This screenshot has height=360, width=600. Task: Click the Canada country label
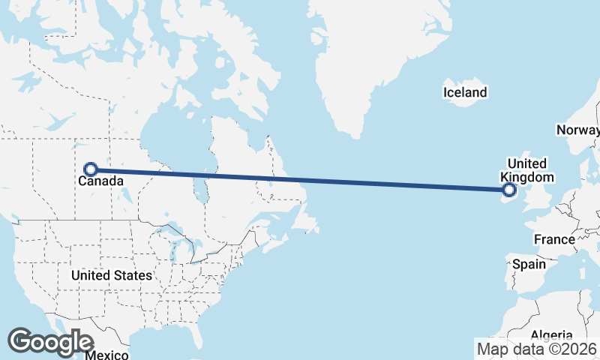click(100, 181)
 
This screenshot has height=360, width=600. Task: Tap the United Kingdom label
click(527, 170)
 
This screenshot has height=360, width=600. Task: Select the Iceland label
click(465, 93)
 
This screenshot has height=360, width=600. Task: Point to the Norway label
click(577, 130)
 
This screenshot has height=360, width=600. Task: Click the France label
click(554, 239)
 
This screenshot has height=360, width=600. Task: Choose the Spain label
click(529, 264)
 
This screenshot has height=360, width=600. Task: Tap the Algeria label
click(551, 335)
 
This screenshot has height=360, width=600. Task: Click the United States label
click(112, 275)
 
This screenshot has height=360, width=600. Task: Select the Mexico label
click(106, 354)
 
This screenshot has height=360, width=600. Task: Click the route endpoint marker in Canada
click(91, 169)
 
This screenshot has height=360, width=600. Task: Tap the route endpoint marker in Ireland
click(510, 190)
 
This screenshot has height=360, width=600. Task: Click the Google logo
click(50, 342)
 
